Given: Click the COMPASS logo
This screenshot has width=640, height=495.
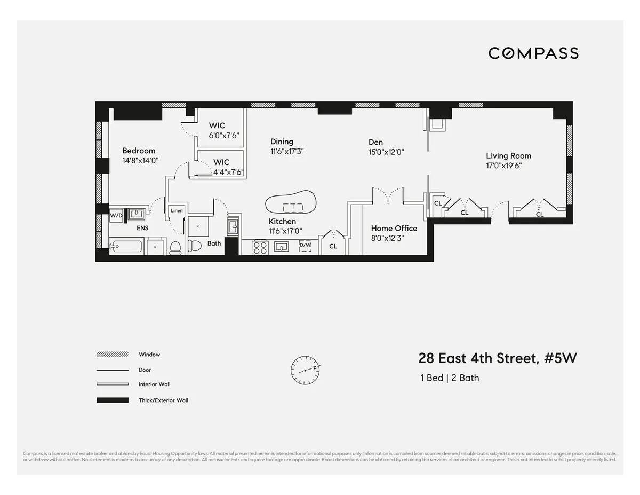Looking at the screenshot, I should [x=533, y=53].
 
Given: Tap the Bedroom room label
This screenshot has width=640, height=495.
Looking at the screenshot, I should [x=139, y=151].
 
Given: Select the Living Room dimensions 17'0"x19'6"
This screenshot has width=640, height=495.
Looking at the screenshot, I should [x=503, y=166].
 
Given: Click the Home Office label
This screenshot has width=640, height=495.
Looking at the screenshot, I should [x=394, y=228].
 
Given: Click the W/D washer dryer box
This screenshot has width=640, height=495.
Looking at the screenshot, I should [x=116, y=216].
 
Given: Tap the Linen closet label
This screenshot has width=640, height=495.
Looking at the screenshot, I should [x=177, y=210].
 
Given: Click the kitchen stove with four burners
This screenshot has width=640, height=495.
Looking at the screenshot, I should [x=260, y=247].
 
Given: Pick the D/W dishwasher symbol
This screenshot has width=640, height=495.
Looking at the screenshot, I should [x=305, y=246].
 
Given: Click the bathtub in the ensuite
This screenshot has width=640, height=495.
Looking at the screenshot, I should [x=126, y=247].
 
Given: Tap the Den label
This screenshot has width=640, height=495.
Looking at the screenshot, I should [x=375, y=142].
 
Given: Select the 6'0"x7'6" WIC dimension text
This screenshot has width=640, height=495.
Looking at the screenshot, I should [x=224, y=135].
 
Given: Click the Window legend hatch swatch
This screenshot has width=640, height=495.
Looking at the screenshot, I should [x=113, y=355].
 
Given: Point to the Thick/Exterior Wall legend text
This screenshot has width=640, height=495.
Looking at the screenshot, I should [x=163, y=400].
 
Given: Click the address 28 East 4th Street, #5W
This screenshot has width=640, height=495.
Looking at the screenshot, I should [x=497, y=358].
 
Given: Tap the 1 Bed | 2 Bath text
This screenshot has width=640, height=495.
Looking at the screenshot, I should [x=450, y=378].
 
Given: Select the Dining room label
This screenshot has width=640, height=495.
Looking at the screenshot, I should [x=282, y=142].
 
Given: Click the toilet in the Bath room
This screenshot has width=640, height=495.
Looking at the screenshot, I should [x=194, y=246].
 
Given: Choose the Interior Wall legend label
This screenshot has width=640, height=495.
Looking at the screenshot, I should [x=154, y=384].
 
